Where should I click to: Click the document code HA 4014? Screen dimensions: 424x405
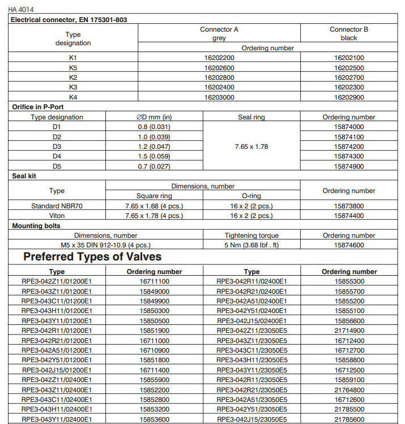[x=22, y=10]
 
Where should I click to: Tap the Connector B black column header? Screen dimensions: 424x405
[x=349, y=33]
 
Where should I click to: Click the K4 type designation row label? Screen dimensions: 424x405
[x=73, y=97]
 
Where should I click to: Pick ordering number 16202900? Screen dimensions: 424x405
[x=349, y=97]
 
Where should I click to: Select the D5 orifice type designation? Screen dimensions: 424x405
[x=57, y=165]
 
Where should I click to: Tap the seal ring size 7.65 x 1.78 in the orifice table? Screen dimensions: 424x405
[x=251, y=146]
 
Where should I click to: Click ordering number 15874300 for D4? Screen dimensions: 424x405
[x=349, y=156]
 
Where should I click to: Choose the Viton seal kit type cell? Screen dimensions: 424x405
[x=57, y=216]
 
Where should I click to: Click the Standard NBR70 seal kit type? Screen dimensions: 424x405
[x=57, y=206]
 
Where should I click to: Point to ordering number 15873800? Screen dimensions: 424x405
[x=349, y=206]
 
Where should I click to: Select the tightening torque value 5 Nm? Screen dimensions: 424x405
[x=251, y=245]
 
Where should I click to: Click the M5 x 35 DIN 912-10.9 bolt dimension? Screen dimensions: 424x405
[x=106, y=245]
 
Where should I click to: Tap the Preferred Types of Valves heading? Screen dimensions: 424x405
[x=92, y=257]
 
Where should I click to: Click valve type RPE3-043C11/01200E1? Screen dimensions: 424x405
[x=57, y=301]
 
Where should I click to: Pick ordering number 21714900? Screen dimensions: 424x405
[x=349, y=330]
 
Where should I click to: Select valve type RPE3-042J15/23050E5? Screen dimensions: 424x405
[x=251, y=418]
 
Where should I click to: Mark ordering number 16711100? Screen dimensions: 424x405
[x=154, y=281]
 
